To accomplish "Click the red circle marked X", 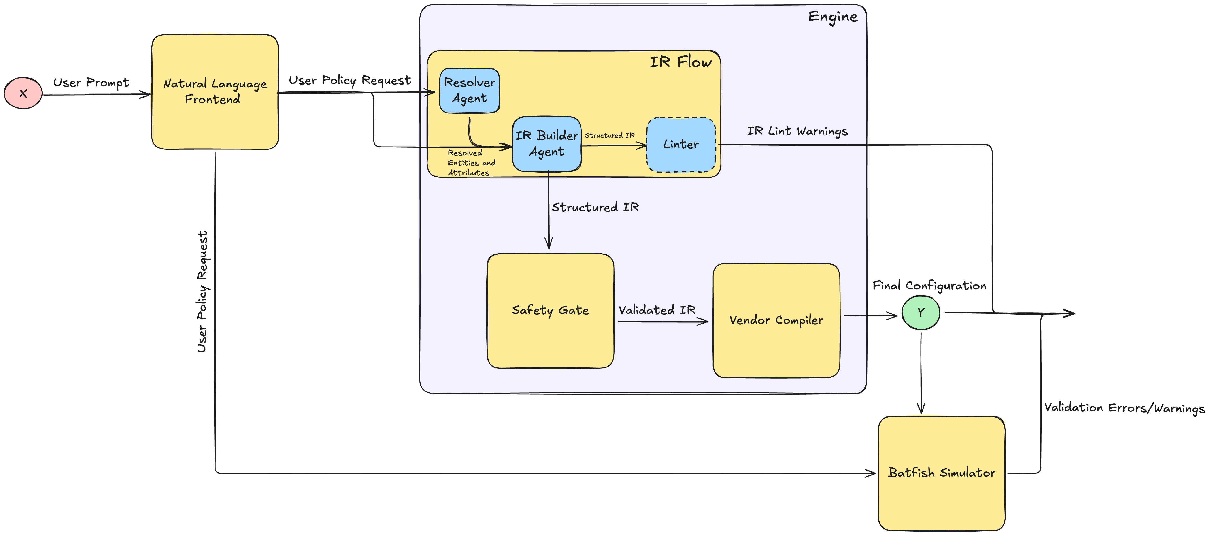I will pos(23,93).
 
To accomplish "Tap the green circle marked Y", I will pos(921,312).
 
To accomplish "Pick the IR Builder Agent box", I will pos(547,144).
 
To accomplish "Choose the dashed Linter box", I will pos(681,145).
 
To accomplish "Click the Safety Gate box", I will pos(550,311).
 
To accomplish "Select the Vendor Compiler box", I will pos(776,320).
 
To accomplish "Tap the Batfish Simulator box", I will pos(941,473).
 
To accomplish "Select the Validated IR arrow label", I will pos(657,310).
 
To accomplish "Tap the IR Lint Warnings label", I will pos(797,131).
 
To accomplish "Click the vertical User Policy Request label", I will pos(202,291).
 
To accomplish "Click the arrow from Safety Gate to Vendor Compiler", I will pos(662,322).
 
